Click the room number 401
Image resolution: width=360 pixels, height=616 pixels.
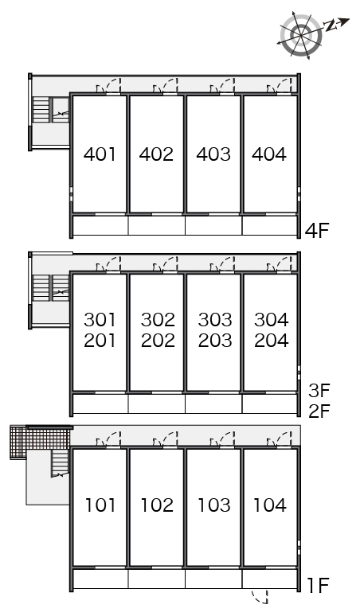pyautogui.click(x=100, y=154)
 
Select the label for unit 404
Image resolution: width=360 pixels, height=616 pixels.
pyautogui.click(x=269, y=154)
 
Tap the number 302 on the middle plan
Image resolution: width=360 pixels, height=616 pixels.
pyautogui.click(x=158, y=320)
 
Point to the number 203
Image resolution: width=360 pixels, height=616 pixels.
pyautogui.click(x=214, y=340)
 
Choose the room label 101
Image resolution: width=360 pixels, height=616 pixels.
pyautogui.click(x=100, y=505)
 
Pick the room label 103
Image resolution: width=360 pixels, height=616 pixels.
pyautogui.click(x=213, y=505)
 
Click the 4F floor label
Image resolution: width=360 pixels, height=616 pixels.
pyautogui.click(x=317, y=230)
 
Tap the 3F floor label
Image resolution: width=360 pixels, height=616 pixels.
pyautogui.click(x=319, y=391)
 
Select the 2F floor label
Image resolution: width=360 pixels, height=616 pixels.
pyautogui.click(x=319, y=411)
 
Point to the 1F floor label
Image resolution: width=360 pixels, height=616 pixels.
pyautogui.click(x=318, y=586)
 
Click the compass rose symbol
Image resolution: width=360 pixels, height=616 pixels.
pyautogui.click(x=301, y=36)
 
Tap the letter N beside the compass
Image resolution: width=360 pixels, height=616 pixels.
pyautogui.click(x=331, y=26)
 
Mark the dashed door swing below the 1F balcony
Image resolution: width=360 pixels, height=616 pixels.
pyautogui.click(x=260, y=596)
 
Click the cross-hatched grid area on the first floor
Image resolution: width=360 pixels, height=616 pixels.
pyautogui.click(x=39, y=442)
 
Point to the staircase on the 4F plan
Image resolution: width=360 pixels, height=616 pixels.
pyautogui.click(x=41, y=110)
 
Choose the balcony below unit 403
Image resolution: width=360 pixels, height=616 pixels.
pyautogui.click(x=213, y=225)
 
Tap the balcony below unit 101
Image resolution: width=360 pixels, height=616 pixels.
pyautogui.click(x=100, y=579)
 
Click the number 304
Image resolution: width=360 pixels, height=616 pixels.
pyautogui.click(x=271, y=320)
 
